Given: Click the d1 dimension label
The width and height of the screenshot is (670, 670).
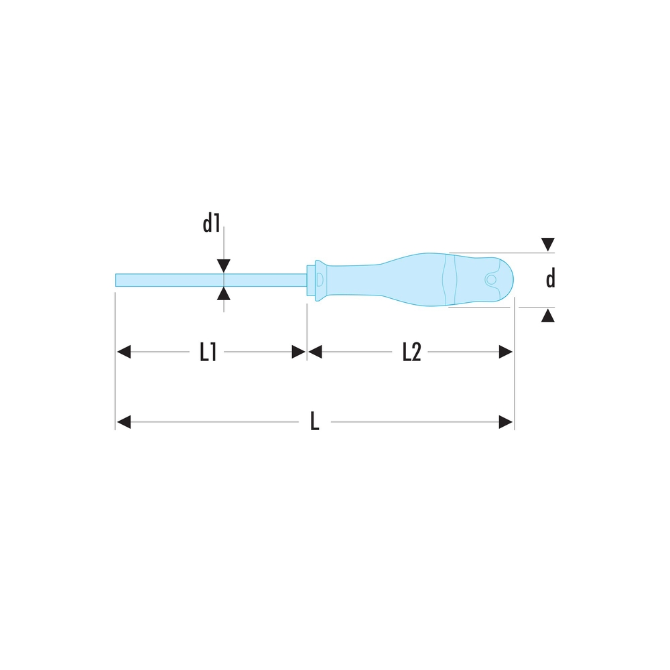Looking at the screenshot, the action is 211,224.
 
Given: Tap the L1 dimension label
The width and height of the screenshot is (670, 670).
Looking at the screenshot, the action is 208,352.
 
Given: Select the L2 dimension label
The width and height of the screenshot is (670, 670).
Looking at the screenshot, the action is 411,352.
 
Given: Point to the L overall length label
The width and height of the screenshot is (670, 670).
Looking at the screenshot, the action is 314,421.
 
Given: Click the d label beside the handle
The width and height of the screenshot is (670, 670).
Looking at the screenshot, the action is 550,279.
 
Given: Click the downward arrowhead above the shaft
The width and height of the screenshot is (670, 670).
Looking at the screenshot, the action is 224,266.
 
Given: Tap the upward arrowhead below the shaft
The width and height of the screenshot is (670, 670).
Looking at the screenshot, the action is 224,293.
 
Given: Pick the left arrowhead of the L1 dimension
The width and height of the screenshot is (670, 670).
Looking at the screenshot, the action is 124,352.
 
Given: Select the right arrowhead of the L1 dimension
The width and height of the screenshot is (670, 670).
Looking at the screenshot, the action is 299,352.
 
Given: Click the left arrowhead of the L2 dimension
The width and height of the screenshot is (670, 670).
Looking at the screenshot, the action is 315,352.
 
